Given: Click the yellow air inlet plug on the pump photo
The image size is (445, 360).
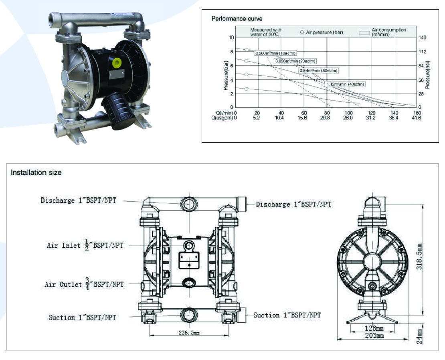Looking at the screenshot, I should [117, 63].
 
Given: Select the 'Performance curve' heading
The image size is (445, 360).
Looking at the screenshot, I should [237, 18].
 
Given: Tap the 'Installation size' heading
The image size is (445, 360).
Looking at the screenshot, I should [36, 172].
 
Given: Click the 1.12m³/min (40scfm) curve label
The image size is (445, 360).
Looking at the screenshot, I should [345, 84].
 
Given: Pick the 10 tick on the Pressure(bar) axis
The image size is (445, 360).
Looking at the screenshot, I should [231, 37].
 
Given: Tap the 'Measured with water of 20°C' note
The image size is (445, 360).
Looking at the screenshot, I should [266, 32].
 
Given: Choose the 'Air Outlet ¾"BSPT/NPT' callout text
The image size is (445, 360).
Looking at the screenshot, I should [84, 283].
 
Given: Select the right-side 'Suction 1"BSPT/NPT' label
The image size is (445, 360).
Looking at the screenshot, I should [287, 315].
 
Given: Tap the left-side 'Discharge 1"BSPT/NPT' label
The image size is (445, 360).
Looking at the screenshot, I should [79, 200].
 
